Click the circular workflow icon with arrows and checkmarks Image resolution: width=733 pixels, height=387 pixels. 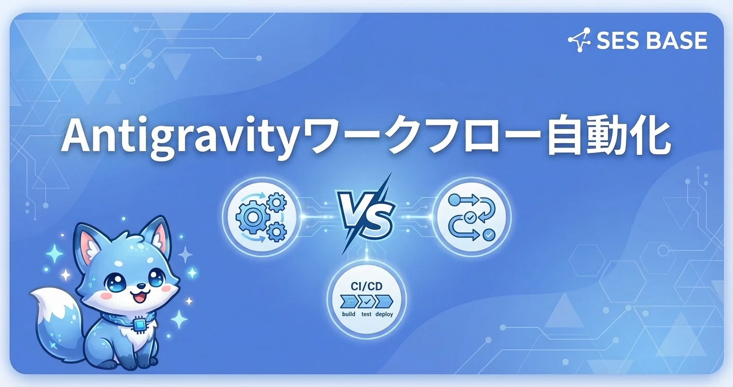click(473, 217)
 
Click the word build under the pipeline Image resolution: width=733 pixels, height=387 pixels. click(348, 314)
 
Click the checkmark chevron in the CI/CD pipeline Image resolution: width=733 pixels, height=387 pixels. click(367, 301)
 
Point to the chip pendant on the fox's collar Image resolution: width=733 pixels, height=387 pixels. click(138, 325)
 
